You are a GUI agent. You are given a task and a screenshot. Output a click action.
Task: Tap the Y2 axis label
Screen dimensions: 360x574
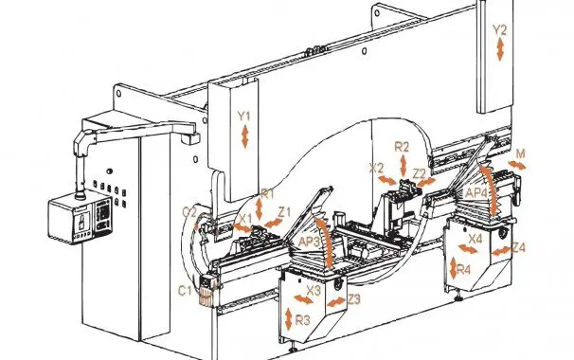(500, 29)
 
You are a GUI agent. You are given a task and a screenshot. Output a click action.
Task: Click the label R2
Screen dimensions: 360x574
(402, 147)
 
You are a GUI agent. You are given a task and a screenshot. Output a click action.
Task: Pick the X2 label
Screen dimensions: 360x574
(376, 168)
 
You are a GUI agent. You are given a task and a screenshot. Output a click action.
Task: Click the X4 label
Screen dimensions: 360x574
(475, 239)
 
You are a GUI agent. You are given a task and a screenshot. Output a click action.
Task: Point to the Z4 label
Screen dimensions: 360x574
(518, 248)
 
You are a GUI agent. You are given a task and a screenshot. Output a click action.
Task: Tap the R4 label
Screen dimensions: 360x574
(464, 270)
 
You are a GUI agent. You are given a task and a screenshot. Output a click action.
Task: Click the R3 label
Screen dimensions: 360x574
(302, 319)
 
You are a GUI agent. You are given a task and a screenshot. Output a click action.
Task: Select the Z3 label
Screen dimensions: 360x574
(353, 299)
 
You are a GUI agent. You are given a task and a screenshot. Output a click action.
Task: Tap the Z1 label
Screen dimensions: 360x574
(283, 212)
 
